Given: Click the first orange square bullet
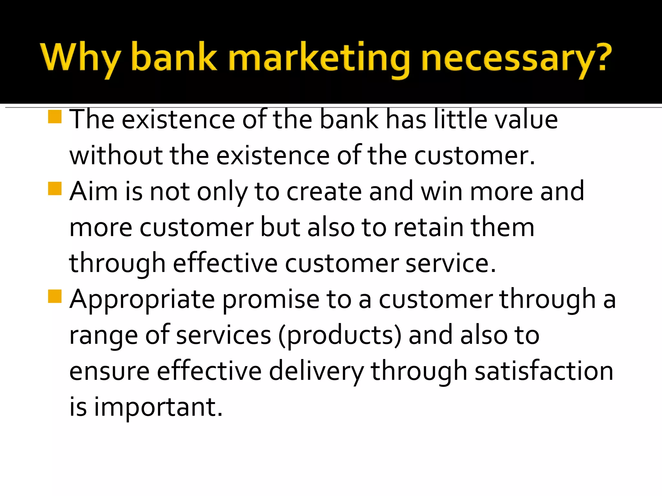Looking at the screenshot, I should (55, 117).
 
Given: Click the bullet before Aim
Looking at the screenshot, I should (55, 189).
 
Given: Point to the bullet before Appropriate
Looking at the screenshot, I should (55, 296).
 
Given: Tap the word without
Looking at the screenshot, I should (116, 156).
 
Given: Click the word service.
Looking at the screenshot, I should (450, 263).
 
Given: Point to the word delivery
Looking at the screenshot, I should (316, 371).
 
